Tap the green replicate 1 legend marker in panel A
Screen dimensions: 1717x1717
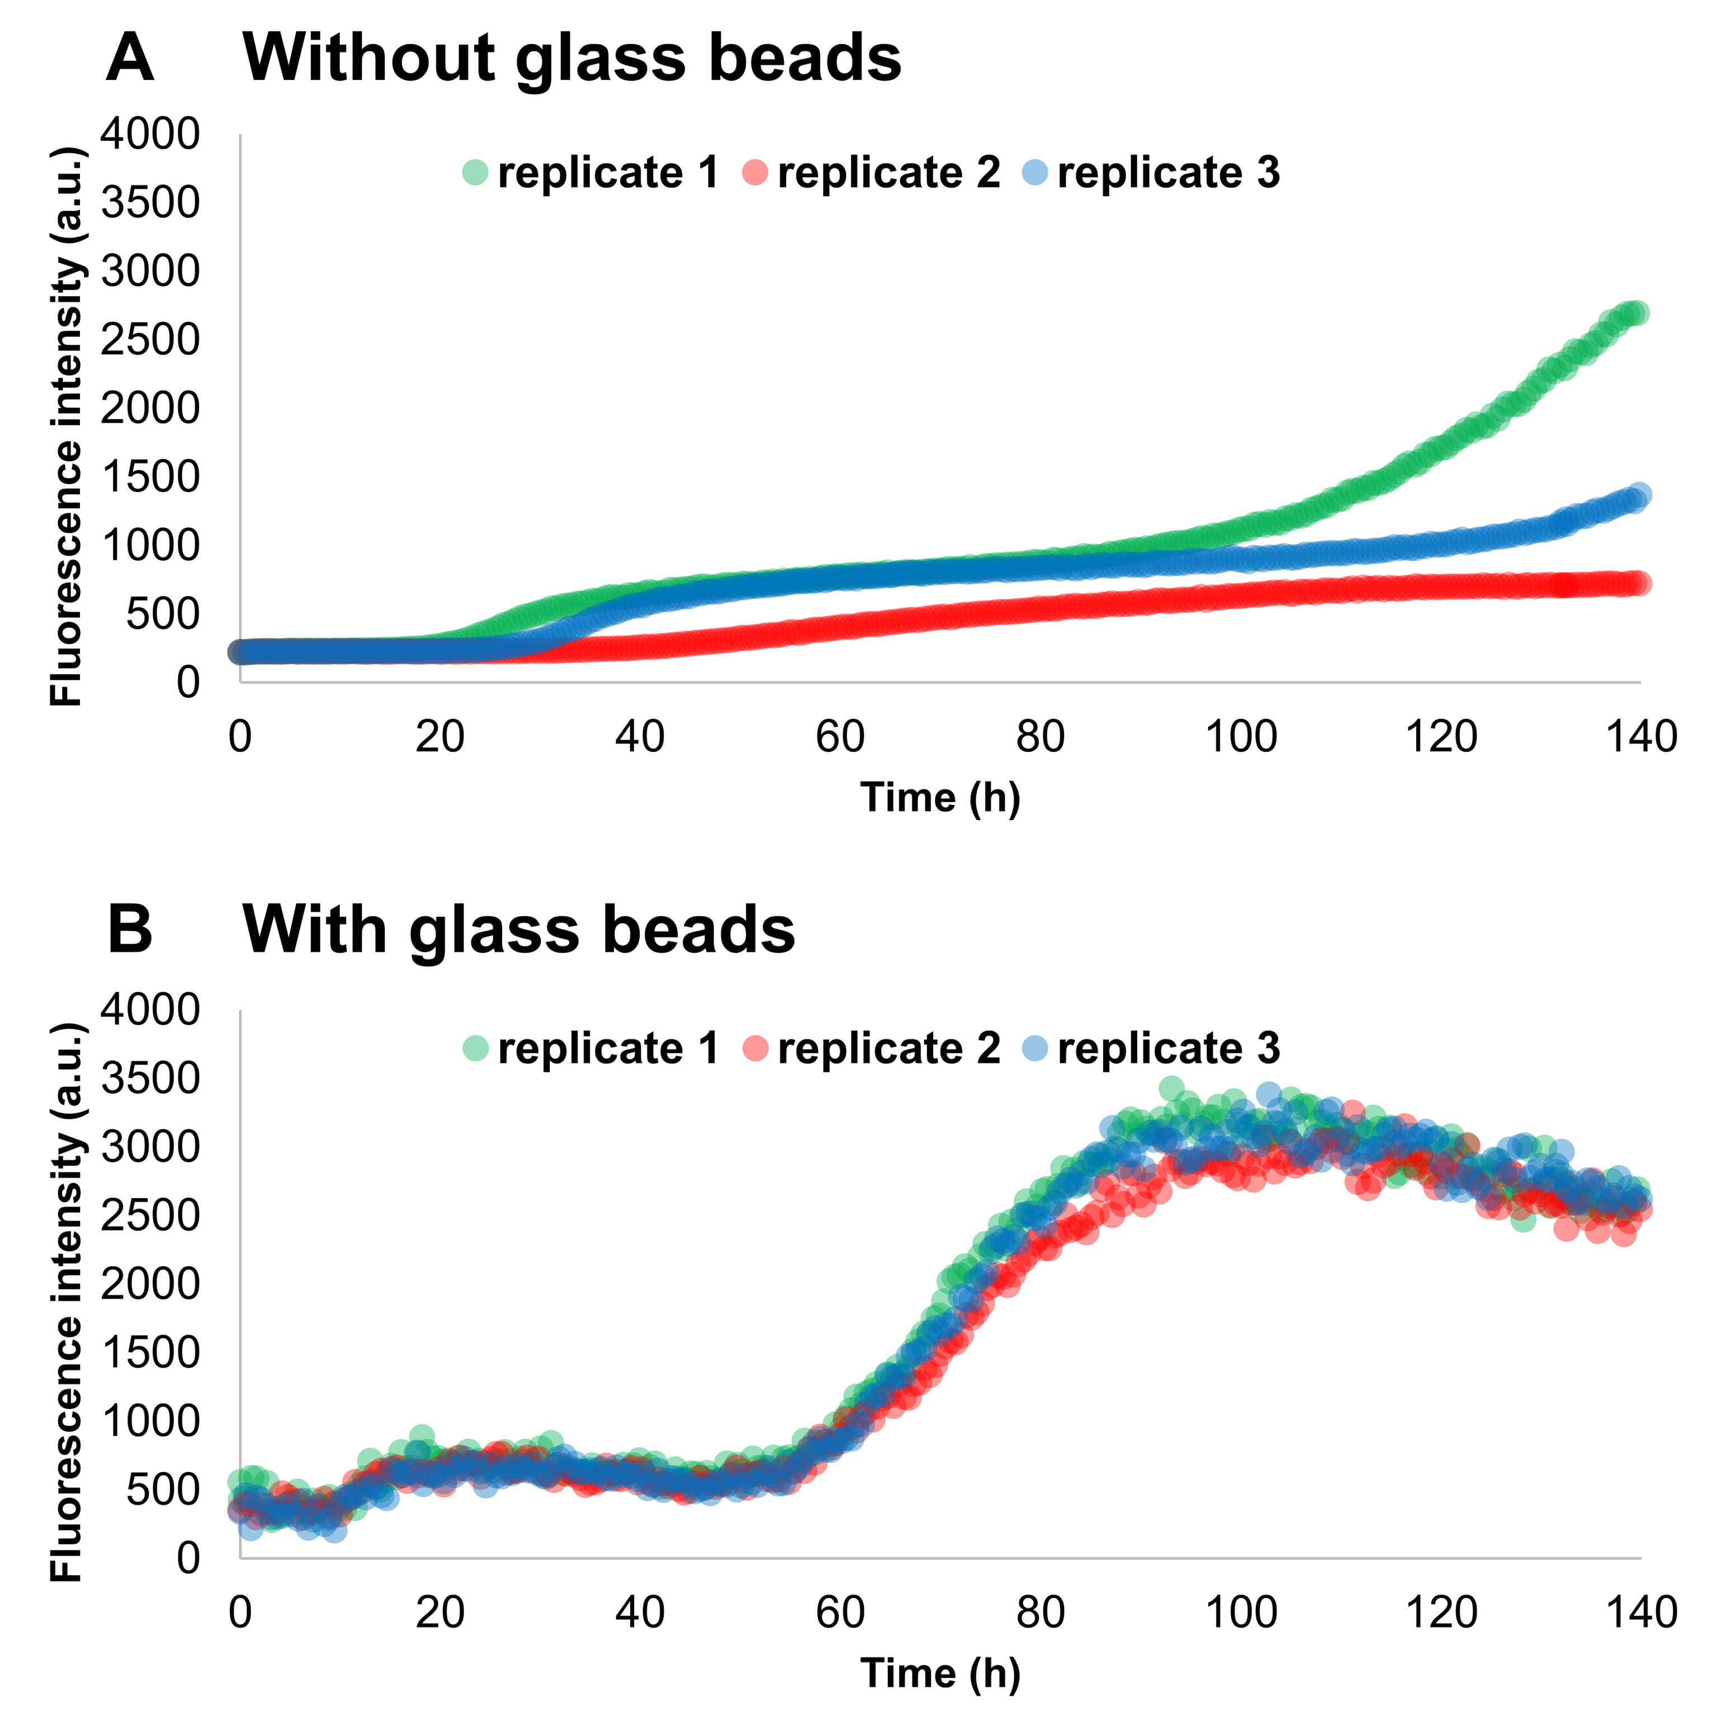(x=475, y=172)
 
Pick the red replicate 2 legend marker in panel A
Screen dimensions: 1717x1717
(x=755, y=172)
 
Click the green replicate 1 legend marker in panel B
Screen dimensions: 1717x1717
(x=475, y=1049)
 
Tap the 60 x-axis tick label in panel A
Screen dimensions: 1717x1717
(x=840, y=737)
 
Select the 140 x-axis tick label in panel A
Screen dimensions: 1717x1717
(x=1640, y=737)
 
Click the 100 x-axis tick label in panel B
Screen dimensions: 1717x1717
(x=1241, y=1612)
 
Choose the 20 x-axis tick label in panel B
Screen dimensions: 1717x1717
(x=440, y=1612)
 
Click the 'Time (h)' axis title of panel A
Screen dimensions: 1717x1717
(x=940, y=797)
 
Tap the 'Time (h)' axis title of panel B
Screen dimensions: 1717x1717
(x=940, y=1673)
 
